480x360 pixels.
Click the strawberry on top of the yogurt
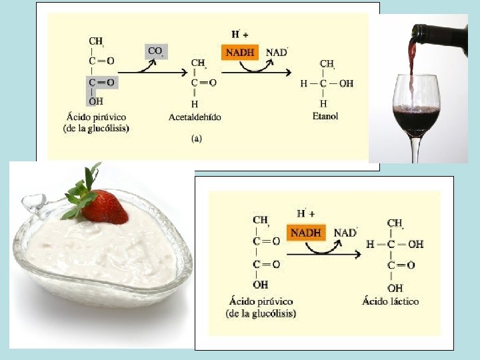107,207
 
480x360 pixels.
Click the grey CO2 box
156,51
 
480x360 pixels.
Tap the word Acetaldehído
195,117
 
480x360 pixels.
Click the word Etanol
325,116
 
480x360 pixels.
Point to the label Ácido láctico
391,301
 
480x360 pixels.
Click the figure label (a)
197,139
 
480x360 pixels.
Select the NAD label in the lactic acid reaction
345,233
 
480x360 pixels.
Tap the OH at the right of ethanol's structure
346,84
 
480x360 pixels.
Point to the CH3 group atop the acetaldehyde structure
199,63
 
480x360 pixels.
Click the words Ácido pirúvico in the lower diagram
261,302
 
